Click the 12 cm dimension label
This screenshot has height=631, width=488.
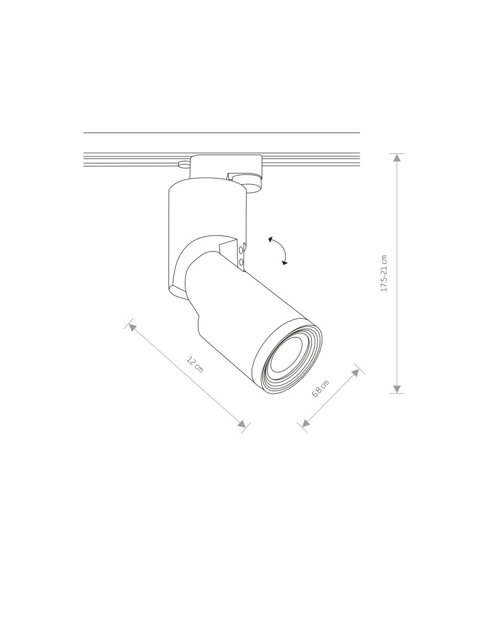[x=195, y=364]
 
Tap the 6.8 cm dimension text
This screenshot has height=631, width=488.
[x=321, y=389]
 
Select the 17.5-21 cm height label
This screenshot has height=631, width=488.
[x=384, y=273]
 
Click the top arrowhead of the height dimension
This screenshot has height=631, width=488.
[x=397, y=158]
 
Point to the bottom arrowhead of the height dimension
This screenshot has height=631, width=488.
[x=397, y=389]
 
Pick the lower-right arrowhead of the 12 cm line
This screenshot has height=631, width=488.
[x=242, y=424]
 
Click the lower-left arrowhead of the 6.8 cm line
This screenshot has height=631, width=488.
[x=306, y=423]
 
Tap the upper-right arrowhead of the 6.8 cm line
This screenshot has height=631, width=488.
[x=356, y=372]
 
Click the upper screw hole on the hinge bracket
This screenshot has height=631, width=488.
[x=241, y=250]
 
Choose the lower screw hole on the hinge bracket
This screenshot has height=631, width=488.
[x=241, y=261]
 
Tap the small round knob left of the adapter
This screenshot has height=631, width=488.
[x=183, y=165]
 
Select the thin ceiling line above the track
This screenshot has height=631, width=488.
[x=221, y=133]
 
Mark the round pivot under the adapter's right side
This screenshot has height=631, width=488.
[x=252, y=185]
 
